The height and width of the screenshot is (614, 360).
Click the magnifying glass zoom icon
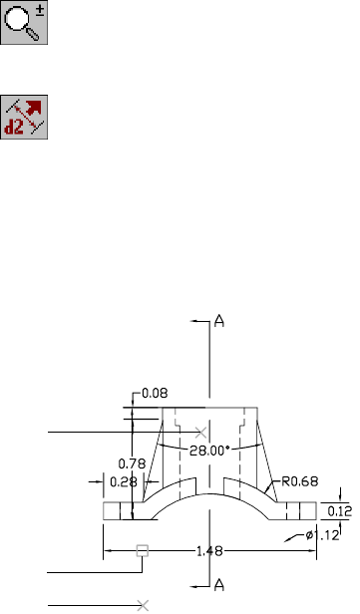point(24,22)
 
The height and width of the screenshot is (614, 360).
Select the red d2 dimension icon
point(24,117)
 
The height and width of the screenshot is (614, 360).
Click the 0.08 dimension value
point(155,393)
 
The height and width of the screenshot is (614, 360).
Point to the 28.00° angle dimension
point(209,451)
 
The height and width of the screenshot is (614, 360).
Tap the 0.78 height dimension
point(132,464)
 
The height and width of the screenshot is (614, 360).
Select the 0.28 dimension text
point(124,482)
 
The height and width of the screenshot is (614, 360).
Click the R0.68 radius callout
point(300,481)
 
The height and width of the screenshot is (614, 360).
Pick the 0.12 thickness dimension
point(340,511)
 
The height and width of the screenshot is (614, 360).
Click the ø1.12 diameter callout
point(322,535)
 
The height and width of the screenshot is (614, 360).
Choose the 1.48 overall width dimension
point(209,551)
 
